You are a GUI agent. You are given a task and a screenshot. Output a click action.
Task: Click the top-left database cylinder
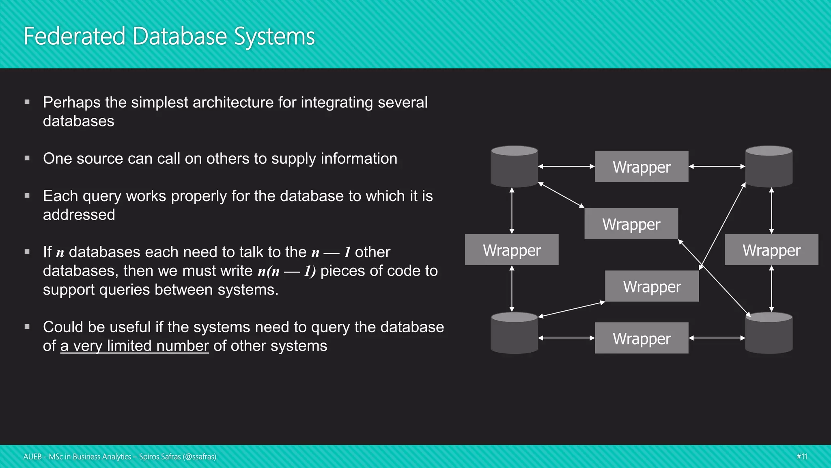point(514,167)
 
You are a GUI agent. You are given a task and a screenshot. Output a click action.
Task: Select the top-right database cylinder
point(769,167)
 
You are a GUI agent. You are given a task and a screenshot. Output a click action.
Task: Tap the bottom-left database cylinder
point(514,333)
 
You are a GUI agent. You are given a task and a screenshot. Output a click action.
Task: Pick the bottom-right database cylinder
point(769,333)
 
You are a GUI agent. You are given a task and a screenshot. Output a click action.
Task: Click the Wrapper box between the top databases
point(642,167)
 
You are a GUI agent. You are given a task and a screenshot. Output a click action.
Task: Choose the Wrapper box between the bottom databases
point(642,338)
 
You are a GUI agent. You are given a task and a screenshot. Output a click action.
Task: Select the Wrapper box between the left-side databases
point(512,250)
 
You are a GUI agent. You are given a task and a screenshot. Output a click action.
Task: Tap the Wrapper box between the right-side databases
point(771,250)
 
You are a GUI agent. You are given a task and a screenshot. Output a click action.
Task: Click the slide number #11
point(802,457)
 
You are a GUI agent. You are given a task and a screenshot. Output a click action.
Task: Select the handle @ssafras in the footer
point(199,457)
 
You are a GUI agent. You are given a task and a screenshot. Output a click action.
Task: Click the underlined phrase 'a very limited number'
point(134,346)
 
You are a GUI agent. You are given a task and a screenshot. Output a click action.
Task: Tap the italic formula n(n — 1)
point(286,271)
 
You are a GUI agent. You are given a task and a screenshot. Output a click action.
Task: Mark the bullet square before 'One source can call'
point(27,158)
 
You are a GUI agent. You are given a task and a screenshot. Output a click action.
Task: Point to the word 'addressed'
point(79,214)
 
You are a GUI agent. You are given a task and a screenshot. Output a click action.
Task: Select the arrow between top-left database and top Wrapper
point(566,167)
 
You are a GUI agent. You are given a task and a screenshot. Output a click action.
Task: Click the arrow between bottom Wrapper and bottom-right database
point(717,338)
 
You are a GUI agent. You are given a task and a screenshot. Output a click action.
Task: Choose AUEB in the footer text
point(32,457)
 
